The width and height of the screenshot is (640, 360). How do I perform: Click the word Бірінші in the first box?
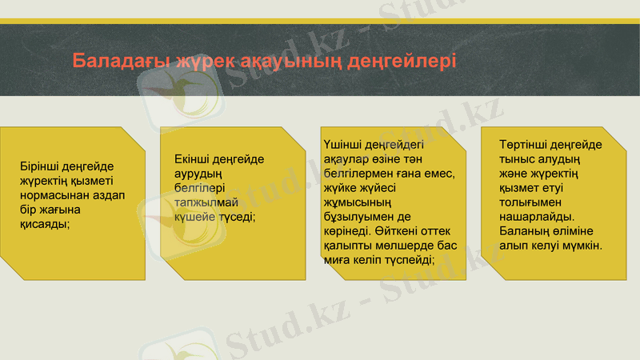point(41,166)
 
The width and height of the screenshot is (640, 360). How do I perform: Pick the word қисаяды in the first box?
point(45,224)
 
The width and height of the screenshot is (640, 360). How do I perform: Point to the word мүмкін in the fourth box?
point(582,245)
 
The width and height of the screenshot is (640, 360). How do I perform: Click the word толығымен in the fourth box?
point(531,202)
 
